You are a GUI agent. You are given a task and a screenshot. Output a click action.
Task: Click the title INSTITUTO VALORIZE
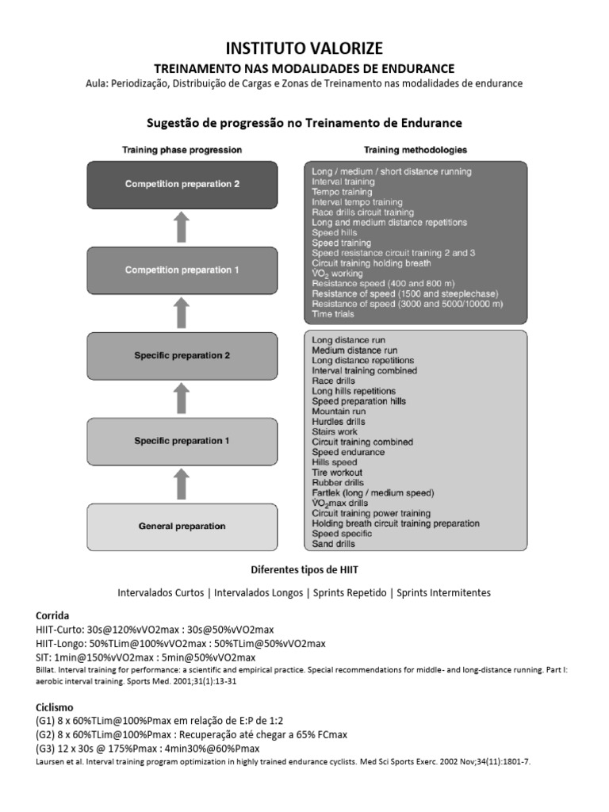tap(304, 49)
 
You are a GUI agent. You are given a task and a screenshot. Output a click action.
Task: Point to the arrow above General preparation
tap(182, 483)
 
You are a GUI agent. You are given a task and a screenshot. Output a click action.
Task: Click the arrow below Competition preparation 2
tap(182, 227)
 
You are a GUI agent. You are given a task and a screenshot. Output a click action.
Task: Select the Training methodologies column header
tap(415, 149)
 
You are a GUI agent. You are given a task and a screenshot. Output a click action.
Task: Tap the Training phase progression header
tap(182, 149)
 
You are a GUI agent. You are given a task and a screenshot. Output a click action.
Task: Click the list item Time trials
tap(333, 314)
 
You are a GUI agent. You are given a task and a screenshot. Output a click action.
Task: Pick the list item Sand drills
tap(333, 544)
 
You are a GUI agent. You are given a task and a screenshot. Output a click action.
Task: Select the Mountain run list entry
tap(339, 412)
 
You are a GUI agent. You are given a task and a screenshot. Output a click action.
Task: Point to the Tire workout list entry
tap(338, 473)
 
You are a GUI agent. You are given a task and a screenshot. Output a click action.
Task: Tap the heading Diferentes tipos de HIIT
tap(304, 570)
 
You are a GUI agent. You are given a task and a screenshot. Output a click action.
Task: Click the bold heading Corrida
tap(53, 615)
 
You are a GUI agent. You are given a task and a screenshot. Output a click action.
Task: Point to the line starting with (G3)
tap(147, 749)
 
